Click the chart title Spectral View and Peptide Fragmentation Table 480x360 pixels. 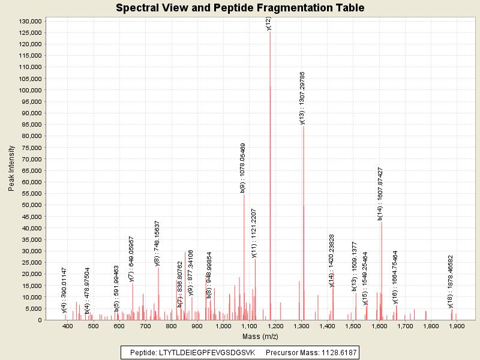pos(240,8)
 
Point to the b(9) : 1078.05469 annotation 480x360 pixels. pos(242,167)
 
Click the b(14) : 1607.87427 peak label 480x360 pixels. pos(380,194)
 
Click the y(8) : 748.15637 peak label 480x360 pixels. pos(157,243)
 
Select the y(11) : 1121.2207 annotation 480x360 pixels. pos(254,233)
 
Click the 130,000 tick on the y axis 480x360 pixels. pos(30,21)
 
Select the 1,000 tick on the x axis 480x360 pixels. pos(223,326)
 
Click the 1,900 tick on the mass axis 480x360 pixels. pos(457,326)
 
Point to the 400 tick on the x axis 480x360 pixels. pos(68,326)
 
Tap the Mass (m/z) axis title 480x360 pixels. pos(260,336)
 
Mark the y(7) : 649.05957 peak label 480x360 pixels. pos(131,259)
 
